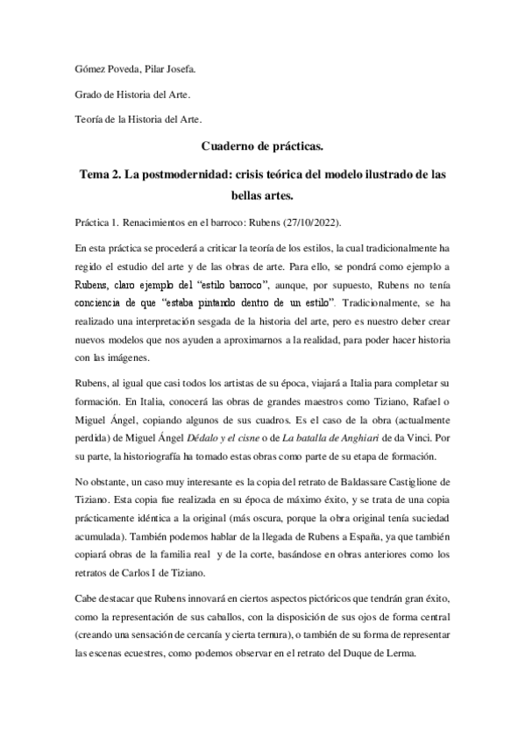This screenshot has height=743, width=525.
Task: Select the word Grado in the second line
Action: pyautogui.click(x=89, y=94)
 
